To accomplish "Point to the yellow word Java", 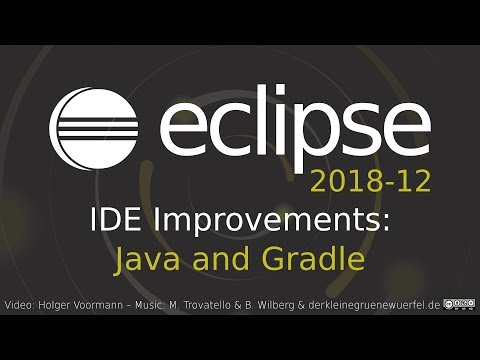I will click(145, 260).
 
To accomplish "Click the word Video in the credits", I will click(20, 303).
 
